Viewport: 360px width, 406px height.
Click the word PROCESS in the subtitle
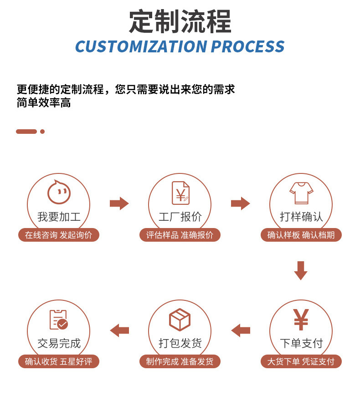[248, 47]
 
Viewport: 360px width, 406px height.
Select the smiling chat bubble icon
[59, 192]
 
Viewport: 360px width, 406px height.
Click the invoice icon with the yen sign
[180, 193]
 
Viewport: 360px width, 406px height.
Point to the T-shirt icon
[301, 193]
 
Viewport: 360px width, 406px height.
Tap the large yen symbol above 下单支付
[301, 320]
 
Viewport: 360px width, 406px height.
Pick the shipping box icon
[180, 320]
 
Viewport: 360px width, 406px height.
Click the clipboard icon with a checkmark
[58, 320]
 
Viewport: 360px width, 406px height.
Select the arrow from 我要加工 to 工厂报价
[119, 203]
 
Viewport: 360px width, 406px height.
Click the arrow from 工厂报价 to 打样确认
[240, 203]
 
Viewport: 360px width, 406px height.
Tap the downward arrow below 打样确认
[301, 270]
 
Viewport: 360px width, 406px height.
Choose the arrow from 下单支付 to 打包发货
[241, 330]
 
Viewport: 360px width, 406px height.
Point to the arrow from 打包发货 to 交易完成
[119, 330]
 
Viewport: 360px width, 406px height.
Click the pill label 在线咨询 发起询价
[58, 235]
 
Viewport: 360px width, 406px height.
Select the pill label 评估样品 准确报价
[180, 235]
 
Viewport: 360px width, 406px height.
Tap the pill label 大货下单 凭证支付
[301, 362]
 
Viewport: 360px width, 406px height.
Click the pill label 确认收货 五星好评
[58, 362]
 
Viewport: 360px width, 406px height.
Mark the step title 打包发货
[180, 343]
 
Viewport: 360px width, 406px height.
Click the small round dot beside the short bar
[42, 132]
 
